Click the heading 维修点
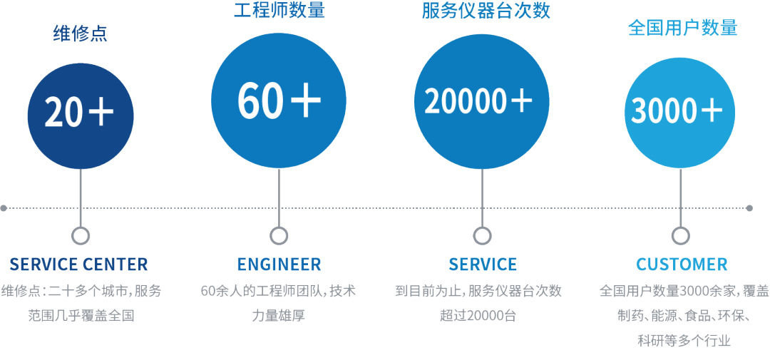point(81,34)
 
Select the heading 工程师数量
point(279,11)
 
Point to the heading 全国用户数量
point(682,28)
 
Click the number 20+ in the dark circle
point(80,113)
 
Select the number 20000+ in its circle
point(479,101)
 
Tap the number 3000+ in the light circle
point(677,110)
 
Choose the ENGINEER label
point(279,264)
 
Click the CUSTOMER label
point(682,264)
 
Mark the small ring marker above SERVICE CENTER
point(81,236)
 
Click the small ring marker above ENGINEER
point(279,236)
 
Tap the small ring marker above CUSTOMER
point(681,236)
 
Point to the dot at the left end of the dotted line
point(4,208)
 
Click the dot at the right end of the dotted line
point(749,208)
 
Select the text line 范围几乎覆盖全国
point(81,315)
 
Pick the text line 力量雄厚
point(279,315)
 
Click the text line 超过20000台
point(478,315)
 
